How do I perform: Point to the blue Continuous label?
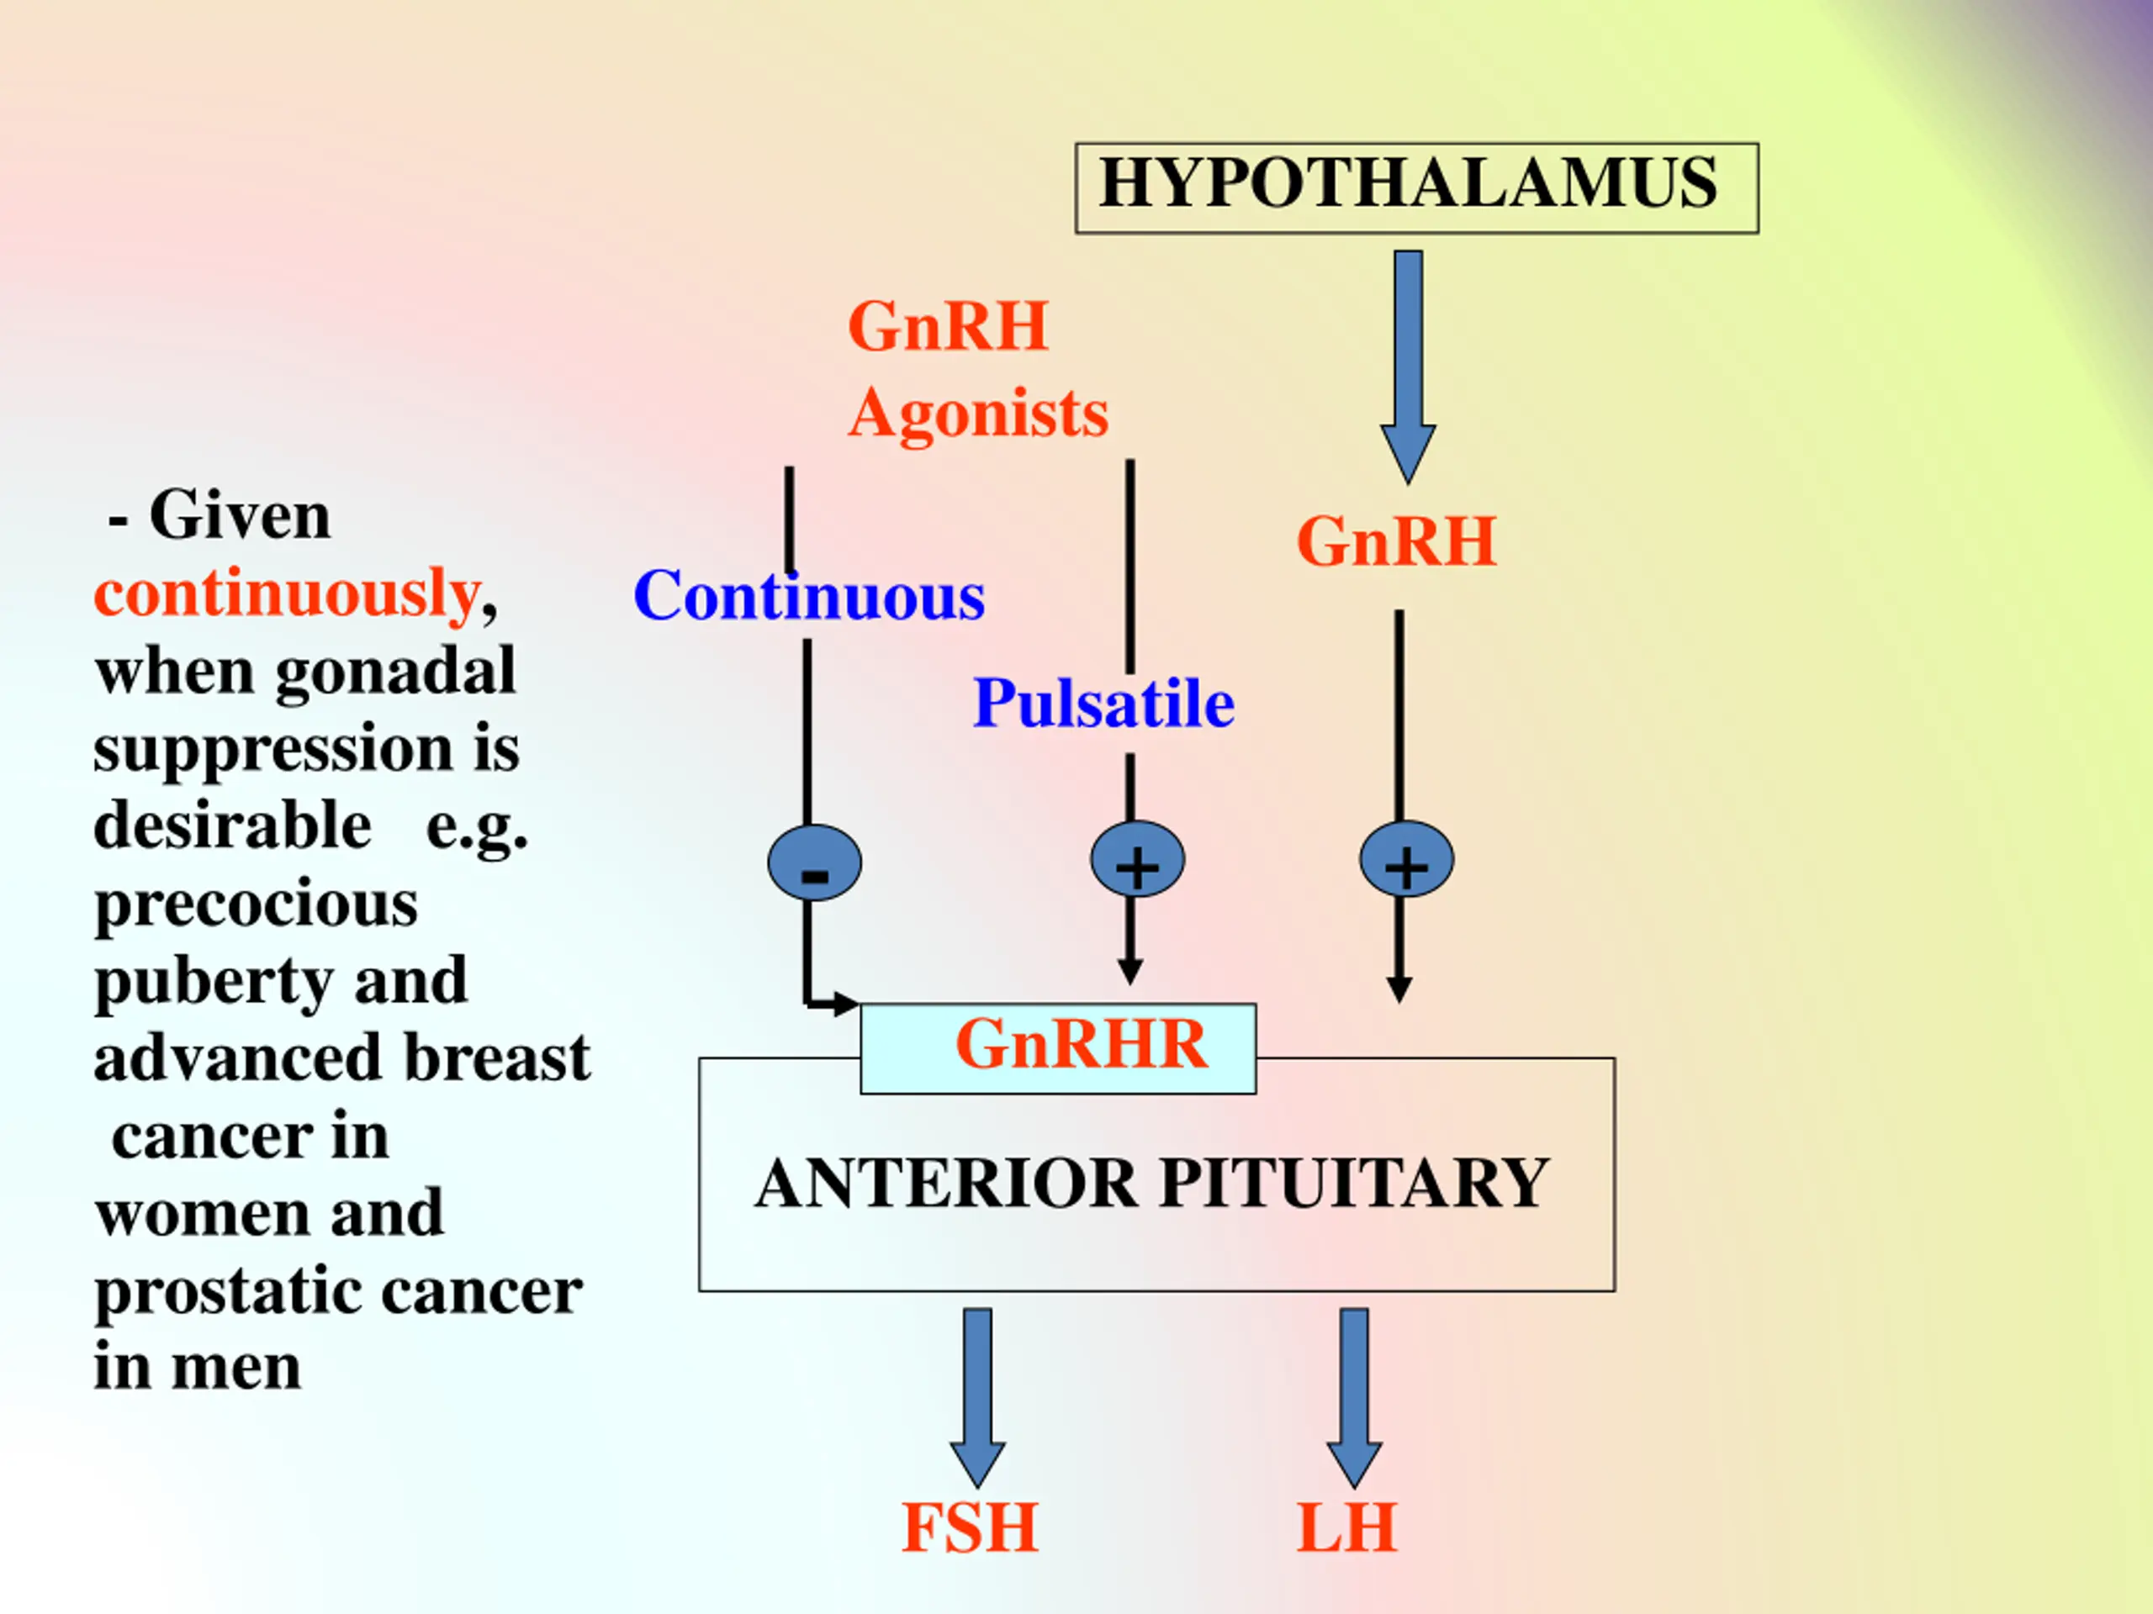[x=809, y=595]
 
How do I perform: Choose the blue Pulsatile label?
[x=1103, y=703]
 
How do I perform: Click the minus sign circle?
[x=815, y=862]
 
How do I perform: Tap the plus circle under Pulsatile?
[x=1137, y=859]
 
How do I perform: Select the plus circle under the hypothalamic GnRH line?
[x=1406, y=859]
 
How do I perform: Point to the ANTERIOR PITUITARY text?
[x=1151, y=1183]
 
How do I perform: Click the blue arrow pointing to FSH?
[x=977, y=1398]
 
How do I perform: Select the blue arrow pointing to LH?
[x=1354, y=1398]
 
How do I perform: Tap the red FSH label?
[x=970, y=1528]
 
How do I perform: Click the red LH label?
[x=1347, y=1528]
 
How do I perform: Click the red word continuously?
[x=287, y=593]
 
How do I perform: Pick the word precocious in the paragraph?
[x=256, y=905]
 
